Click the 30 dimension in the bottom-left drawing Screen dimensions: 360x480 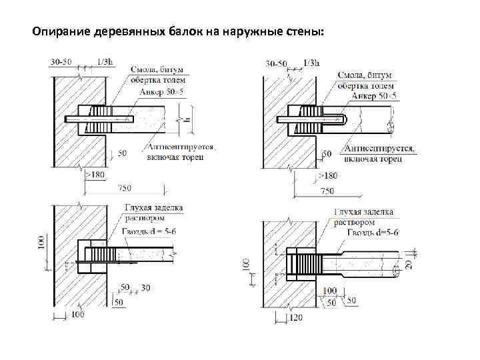(146, 289)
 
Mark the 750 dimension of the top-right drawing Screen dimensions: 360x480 (327, 191)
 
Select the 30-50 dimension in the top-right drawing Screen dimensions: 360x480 (276, 64)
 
